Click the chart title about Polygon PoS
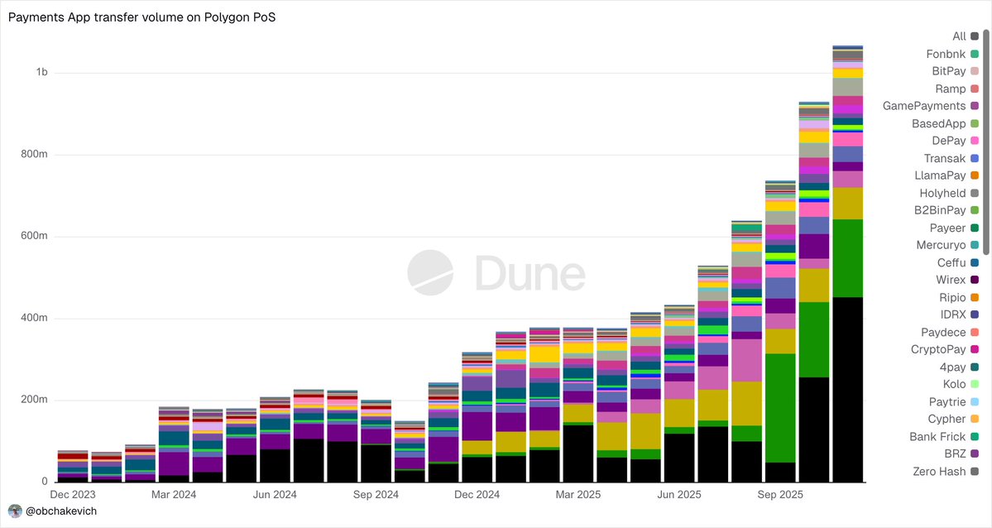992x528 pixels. coord(141,17)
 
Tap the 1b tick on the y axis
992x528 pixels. coord(41,73)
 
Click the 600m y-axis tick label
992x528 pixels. coord(36,237)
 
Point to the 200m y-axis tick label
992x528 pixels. coord(36,401)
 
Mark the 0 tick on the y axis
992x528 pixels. coord(45,482)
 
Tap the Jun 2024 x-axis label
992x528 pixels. coord(275,495)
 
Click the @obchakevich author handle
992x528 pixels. coord(62,511)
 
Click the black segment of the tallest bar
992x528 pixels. coord(848,389)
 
